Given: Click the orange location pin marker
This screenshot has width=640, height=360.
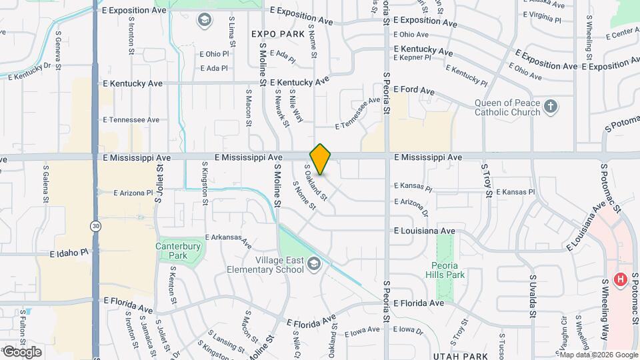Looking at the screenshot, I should click(321, 159).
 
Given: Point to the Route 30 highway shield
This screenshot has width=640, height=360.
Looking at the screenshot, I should click(97, 227).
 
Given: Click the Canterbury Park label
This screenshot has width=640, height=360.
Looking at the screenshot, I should click(177, 250).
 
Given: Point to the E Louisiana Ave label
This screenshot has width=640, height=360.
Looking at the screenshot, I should click(424, 231).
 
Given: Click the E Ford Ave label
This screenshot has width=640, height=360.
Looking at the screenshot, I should click(414, 89).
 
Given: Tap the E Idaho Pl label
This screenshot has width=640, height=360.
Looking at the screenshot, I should click(69, 253).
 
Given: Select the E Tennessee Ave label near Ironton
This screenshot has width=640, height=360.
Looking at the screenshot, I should click(131, 120).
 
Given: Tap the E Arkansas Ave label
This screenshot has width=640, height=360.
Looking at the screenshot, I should click(228, 239).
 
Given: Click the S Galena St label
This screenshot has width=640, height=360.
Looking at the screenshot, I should click(46, 183).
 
